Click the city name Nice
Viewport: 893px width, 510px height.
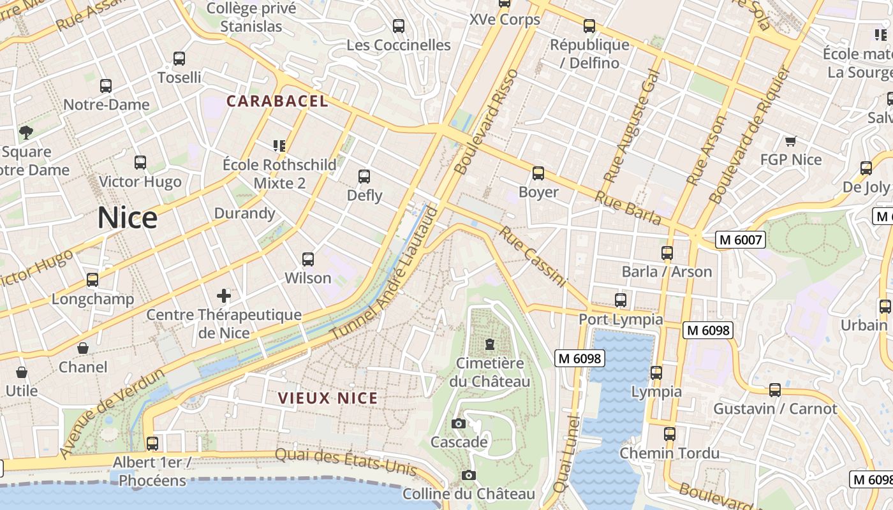click(x=128, y=218)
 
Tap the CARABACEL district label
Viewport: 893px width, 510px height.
click(x=277, y=101)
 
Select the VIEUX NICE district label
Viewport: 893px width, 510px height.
click(x=328, y=398)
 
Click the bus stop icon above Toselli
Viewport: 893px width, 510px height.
click(x=179, y=59)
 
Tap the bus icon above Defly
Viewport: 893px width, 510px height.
click(x=364, y=176)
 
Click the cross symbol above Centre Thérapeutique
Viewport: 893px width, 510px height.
click(x=224, y=295)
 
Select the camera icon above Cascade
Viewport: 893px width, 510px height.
click(x=458, y=423)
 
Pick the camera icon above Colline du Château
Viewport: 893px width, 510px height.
click(x=469, y=475)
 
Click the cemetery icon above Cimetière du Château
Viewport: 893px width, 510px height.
click(x=489, y=344)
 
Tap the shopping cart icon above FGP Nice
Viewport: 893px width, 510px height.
click(x=790, y=141)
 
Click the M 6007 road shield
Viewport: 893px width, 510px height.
click(x=740, y=240)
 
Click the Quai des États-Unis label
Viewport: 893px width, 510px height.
click(x=345, y=462)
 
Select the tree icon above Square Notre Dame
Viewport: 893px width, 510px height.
click(x=26, y=133)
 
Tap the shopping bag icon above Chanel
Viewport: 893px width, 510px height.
click(x=83, y=348)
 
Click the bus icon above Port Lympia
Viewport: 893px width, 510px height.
click(x=621, y=300)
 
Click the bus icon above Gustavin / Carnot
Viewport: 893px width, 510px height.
click(x=775, y=390)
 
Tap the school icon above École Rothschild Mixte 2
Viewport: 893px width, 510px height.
click(x=279, y=146)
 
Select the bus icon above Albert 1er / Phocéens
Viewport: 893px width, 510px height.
click(x=152, y=443)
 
